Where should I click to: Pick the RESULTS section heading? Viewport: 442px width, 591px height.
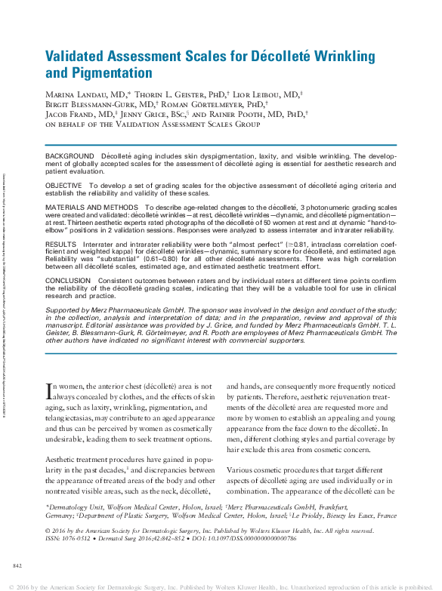(x=61, y=245)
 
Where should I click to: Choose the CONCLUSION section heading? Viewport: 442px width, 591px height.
(x=68, y=281)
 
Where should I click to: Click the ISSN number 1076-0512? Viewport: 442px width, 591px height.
(x=77, y=540)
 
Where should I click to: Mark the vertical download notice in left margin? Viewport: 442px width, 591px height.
(x=5, y=294)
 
